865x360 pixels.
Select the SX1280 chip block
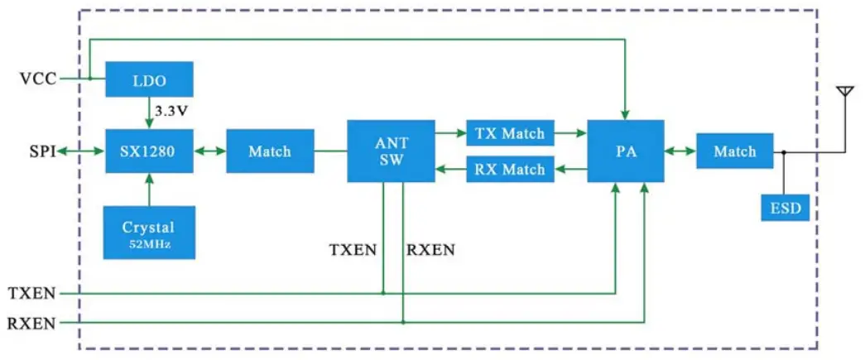(149, 151)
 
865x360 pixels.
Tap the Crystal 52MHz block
(149, 233)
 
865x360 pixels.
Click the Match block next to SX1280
(270, 151)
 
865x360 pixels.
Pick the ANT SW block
(391, 151)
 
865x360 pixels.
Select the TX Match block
(510, 132)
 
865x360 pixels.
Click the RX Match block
(510, 170)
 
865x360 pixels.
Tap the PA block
(625, 151)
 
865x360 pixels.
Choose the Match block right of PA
(734, 151)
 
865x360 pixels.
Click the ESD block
(785, 208)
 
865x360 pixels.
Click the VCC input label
(39, 79)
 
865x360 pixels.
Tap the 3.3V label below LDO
(172, 109)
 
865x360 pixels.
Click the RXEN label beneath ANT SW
(430, 250)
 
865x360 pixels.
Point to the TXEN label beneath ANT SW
(353, 250)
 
